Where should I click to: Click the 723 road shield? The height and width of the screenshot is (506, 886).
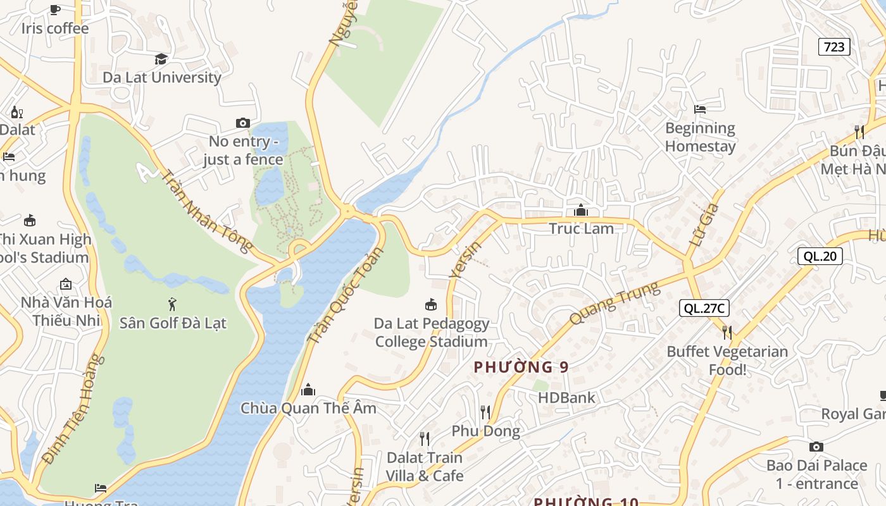pos(833,47)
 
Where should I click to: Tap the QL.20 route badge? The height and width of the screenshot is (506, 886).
pos(820,256)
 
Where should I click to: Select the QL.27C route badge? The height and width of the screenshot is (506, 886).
pos(704,308)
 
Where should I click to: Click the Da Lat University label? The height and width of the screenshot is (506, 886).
pos(162,77)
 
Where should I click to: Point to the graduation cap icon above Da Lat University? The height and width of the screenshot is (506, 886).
pos(161,59)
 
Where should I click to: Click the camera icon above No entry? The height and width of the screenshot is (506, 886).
pos(242,123)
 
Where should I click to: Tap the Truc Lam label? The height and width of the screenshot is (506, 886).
pos(581,229)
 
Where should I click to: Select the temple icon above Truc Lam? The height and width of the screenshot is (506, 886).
pos(580,210)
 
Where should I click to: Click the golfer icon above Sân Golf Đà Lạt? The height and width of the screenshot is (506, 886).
pos(172,304)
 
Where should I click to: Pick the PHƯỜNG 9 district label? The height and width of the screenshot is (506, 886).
pos(521,367)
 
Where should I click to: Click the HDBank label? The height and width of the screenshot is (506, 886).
pos(566,398)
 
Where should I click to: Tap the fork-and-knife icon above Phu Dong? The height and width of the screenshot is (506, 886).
pos(485,412)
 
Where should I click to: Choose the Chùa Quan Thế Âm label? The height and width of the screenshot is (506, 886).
pos(308,409)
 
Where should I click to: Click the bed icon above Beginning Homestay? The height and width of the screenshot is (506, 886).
pos(699,109)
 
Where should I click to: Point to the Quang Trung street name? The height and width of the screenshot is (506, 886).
pos(614,304)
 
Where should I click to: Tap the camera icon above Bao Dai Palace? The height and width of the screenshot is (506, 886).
pos(816,447)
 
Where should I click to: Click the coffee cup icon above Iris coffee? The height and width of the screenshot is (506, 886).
pos(55,9)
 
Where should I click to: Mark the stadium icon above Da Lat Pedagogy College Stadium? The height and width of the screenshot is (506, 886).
pos(431,305)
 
